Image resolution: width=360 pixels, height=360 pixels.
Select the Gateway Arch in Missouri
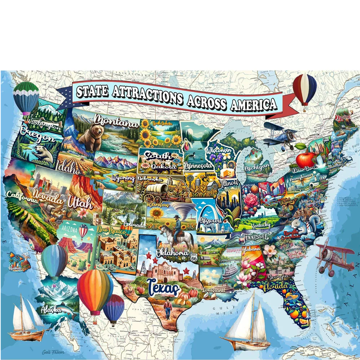208,218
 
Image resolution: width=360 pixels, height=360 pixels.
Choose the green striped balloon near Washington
26,97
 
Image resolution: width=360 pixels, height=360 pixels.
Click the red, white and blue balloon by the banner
305,89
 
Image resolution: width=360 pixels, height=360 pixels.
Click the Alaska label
51,309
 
